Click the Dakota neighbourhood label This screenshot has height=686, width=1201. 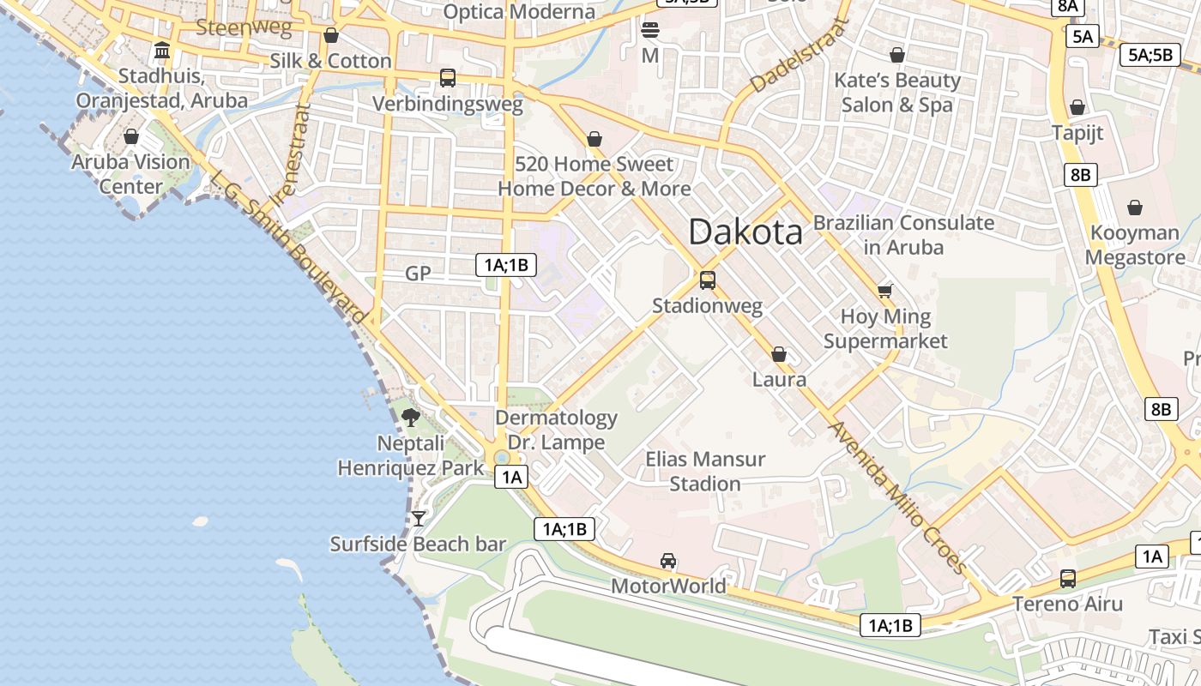[x=745, y=232]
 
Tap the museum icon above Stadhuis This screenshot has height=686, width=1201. [x=162, y=51]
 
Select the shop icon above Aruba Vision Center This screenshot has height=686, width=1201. [x=131, y=136]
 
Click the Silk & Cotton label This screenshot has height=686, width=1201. [x=330, y=61]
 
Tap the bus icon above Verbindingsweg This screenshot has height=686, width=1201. [x=447, y=78]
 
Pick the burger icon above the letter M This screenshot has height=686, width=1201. [x=650, y=31]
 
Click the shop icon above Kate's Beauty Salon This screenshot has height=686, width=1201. [x=897, y=55]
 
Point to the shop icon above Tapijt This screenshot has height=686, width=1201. [x=1077, y=107]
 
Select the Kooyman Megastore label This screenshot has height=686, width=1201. [x=1135, y=244]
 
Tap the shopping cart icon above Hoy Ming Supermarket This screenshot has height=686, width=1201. [x=885, y=291]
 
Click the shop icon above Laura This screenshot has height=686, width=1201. [x=779, y=354]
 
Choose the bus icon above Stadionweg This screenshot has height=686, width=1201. [x=708, y=280]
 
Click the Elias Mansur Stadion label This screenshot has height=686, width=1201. [x=705, y=472]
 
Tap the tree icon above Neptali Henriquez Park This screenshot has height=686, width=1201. [x=411, y=418]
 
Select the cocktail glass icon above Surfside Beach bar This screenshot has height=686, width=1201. [x=419, y=518]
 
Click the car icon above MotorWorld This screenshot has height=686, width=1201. [x=668, y=561]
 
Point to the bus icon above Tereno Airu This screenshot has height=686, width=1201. [x=1068, y=579]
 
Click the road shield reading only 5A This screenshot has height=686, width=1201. [x=1083, y=36]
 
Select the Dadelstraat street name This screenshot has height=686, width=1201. [x=798, y=57]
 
